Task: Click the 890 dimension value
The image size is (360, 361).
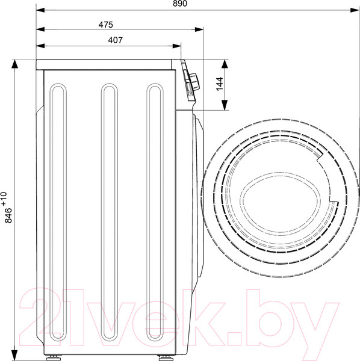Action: [x=180, y=3]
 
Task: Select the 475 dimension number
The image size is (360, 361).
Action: [x=106, y=25]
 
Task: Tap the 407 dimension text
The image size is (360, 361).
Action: [x=115, y=40]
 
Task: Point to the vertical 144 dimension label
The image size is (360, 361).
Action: [x=220, y=84]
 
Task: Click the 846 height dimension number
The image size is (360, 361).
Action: [x=8, y=215]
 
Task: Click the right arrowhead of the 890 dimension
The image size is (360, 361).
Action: [x=355, y=10]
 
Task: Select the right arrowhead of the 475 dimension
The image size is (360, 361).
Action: [x=199, y=29]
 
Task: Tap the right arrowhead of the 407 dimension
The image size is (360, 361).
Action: [x=176, y=46]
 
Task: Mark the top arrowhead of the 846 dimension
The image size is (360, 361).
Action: [x=14, y=64]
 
